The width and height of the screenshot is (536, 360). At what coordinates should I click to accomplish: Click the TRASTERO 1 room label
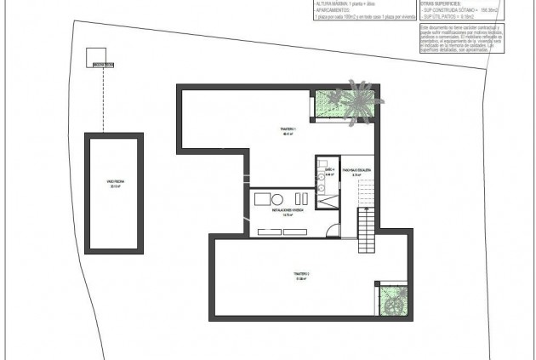(287, 131)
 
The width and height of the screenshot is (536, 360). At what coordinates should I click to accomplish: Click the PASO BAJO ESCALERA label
(356, 173)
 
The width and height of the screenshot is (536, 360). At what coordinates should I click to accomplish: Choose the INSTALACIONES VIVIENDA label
(288, 211)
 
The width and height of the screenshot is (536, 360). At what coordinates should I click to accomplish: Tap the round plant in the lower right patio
(392, 299)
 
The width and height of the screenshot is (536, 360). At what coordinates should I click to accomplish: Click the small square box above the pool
(95, 56)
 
